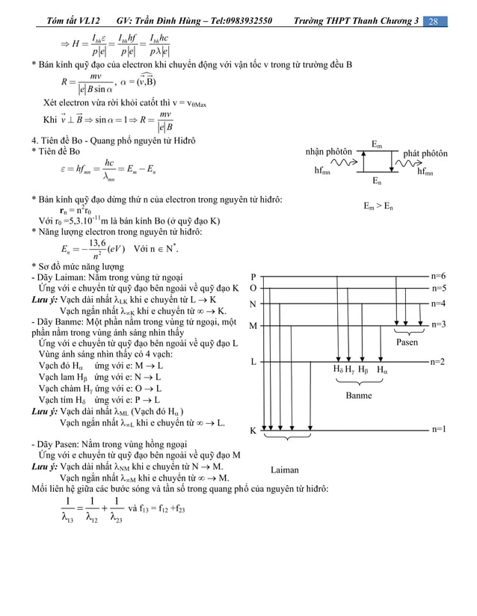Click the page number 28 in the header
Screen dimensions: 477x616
433,20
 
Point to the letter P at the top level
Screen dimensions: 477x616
253,276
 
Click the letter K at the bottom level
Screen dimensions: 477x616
253,431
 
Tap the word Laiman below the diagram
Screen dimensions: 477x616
284,470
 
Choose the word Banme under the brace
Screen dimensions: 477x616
359,395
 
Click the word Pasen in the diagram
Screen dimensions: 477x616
407,342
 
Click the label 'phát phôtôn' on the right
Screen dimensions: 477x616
425,153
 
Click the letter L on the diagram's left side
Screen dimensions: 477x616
253,362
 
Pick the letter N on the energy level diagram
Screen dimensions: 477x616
253,304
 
